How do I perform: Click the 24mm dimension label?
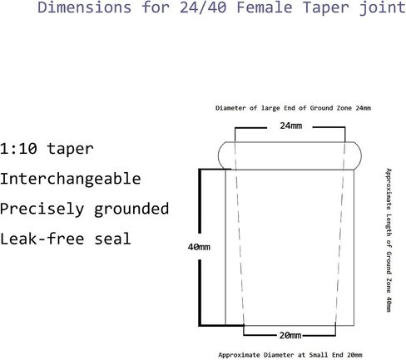click(290, 126)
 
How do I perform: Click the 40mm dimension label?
click(199, 247)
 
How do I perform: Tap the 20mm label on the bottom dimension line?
click(290, 335)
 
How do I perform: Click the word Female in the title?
click(265, 7)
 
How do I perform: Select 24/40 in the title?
click(203, 7)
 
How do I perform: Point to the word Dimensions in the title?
click(84, 7)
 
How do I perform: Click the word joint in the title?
click(383, 7)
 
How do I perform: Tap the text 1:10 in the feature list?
click(18, 149)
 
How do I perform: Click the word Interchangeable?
click(71, 179)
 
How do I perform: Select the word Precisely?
click(42, 209)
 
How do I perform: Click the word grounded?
click(131, 209)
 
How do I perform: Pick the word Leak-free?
click(42, 239)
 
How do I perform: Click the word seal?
click(112, 239)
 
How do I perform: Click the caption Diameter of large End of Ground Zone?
click(284, 108)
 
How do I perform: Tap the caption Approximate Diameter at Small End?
click(281, 355)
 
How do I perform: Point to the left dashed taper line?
click(240, 234)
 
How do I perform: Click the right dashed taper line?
click(340, 234)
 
